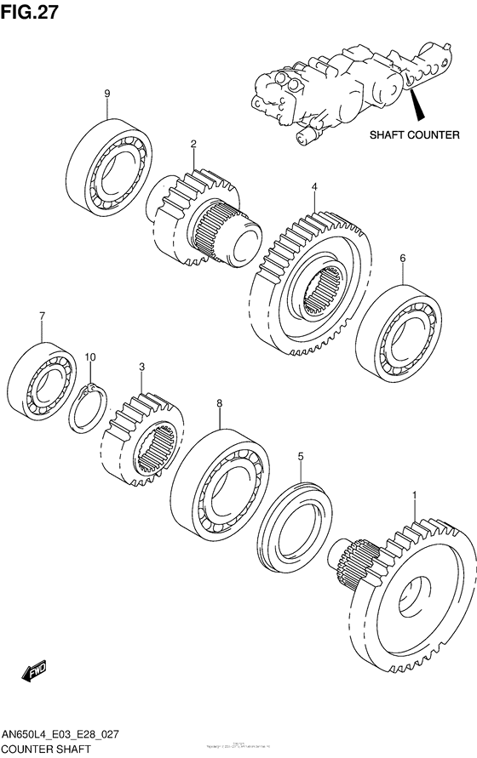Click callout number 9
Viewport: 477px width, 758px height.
107,93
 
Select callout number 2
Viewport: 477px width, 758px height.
193,144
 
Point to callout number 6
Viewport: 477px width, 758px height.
402,257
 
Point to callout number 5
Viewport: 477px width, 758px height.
300,457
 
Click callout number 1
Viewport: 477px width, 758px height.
414,495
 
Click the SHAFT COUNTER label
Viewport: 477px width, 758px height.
414,134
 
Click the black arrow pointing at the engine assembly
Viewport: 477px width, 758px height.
416,107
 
